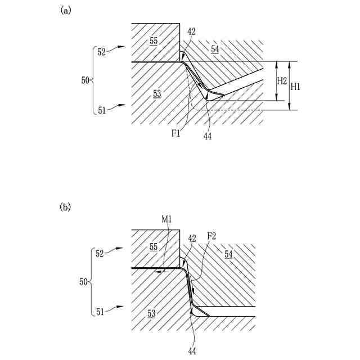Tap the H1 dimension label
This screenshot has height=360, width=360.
(x=296, y=86)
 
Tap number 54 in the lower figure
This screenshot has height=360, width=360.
(x=229, y=255)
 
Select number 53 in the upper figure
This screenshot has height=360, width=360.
(x=157, y=94)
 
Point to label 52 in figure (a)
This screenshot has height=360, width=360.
(x=102, y=52)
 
